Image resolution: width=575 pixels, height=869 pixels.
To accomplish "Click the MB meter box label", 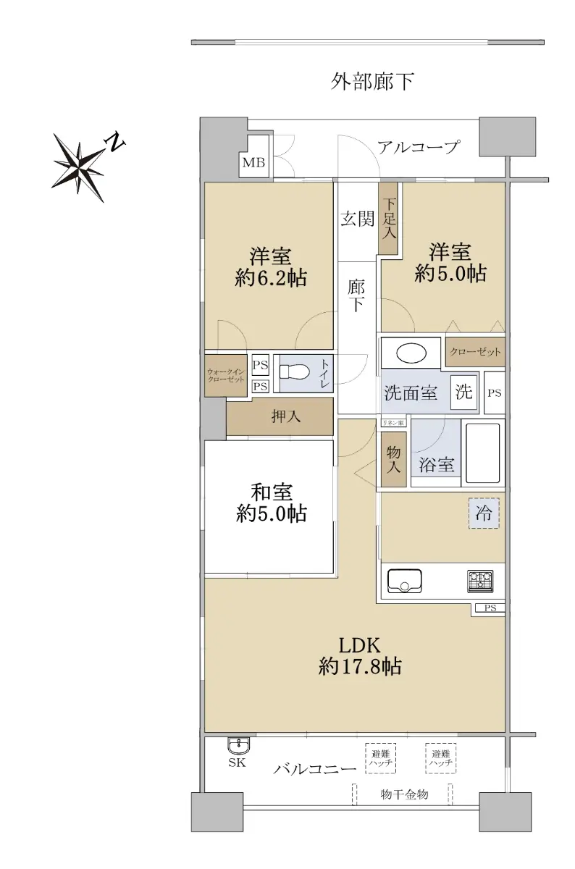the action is pyautogui.click(x=253, y=162).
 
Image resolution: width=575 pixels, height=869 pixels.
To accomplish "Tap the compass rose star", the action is pyautogui.click(x=79, y=167).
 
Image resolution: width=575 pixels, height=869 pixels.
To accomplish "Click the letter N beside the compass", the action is pyautogui.click(x=115, y=143).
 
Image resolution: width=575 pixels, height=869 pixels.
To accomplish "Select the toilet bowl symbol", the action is pyautogui.click(x=295, y=372).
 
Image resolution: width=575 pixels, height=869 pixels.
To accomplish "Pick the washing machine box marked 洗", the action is pyautogui.click(x=463, y=392).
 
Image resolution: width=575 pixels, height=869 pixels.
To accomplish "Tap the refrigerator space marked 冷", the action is pyautogui.click(x=484, y=513).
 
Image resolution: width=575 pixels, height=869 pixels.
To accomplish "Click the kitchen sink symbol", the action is pyautogui.click(x=404, y=581).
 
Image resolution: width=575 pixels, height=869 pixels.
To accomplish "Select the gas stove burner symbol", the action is pyautogui.click(x=480, y=581).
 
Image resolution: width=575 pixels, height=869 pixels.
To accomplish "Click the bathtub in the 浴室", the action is pyautogui.click(x=482, y=453).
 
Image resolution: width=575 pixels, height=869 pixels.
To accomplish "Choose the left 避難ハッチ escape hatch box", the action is pyautogui.click(x=380, y=758).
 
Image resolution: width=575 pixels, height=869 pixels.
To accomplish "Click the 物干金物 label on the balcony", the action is pyautogui.click(x=404, y=794).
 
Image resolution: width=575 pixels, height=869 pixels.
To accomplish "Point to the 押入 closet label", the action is pyautogui.click(x=285, y=416).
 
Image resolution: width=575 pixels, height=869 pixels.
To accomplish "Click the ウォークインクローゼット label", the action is pyautogui.click(x=226, y=376).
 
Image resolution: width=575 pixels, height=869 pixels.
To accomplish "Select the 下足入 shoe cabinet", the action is pyautogui.click(x=389, y=219).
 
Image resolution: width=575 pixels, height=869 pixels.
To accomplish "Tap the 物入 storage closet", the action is pyautogui.click(x=394, y=459).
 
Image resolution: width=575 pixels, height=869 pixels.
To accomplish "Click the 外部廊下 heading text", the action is pyautogui.click(x=372, y=81).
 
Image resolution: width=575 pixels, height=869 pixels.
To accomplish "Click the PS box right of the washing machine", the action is pyautogui.click(x=495, y=392).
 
